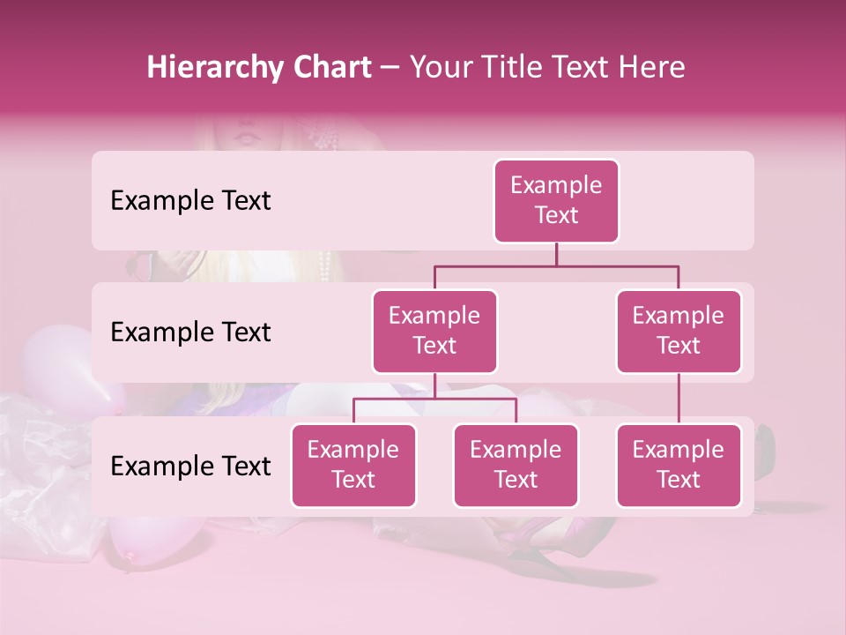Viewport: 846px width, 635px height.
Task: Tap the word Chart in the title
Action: (x=328, y=68)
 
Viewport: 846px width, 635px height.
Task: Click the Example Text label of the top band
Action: (x=190, y=201)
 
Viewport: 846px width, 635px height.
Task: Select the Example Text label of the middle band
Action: (x=190, y=332)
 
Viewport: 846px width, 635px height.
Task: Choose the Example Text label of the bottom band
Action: (x=190, y=467)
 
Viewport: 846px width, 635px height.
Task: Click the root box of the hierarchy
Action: (x=556, y=201)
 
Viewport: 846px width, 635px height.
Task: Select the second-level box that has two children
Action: (x=434, y=331)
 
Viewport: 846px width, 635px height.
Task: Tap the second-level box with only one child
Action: (x=679, y=331)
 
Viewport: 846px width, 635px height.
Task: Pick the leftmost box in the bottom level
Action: (x=353, y=465)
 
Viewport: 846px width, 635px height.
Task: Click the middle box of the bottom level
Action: (x=516, y=465)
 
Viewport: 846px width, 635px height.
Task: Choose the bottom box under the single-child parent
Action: (x=679, y=465)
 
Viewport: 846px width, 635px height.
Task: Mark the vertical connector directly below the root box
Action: (x=556, y=254)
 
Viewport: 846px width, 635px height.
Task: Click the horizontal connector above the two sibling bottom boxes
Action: (x=434, y=399)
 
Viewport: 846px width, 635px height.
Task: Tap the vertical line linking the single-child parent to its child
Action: (x=679, y=399)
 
